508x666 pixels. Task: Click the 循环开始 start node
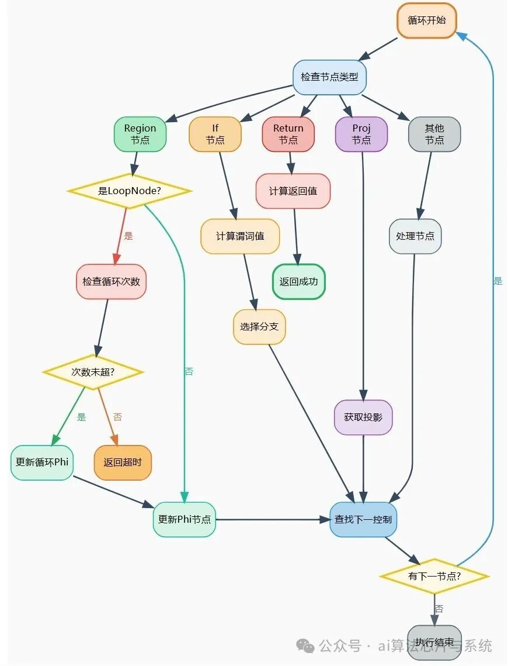point(426,20)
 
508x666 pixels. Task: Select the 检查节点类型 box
point(329,77)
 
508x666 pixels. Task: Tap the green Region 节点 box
point(140,134)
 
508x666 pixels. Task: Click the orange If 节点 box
point(215,134)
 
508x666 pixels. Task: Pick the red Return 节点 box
point(288,134)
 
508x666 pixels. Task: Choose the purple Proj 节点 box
point(361,134)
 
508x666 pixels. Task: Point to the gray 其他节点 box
point(434,134)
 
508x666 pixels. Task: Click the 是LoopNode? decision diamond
point(130,191)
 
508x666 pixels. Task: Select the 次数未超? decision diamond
point(93,371)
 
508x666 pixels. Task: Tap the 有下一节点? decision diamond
point(434,576)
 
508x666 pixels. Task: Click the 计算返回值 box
point(293,191)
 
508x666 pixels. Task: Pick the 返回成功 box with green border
point(298,281)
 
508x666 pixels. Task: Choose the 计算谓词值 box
point(240,236)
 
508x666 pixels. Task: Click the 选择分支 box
point(259,326)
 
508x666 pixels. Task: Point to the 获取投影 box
point(363,417)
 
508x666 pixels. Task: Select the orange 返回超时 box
point(123,463)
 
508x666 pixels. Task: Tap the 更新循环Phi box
point(42,462)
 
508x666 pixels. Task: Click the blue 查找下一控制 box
point(363,519)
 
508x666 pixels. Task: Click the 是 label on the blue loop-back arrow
point(497,281)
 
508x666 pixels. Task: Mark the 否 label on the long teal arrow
point(189,371)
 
